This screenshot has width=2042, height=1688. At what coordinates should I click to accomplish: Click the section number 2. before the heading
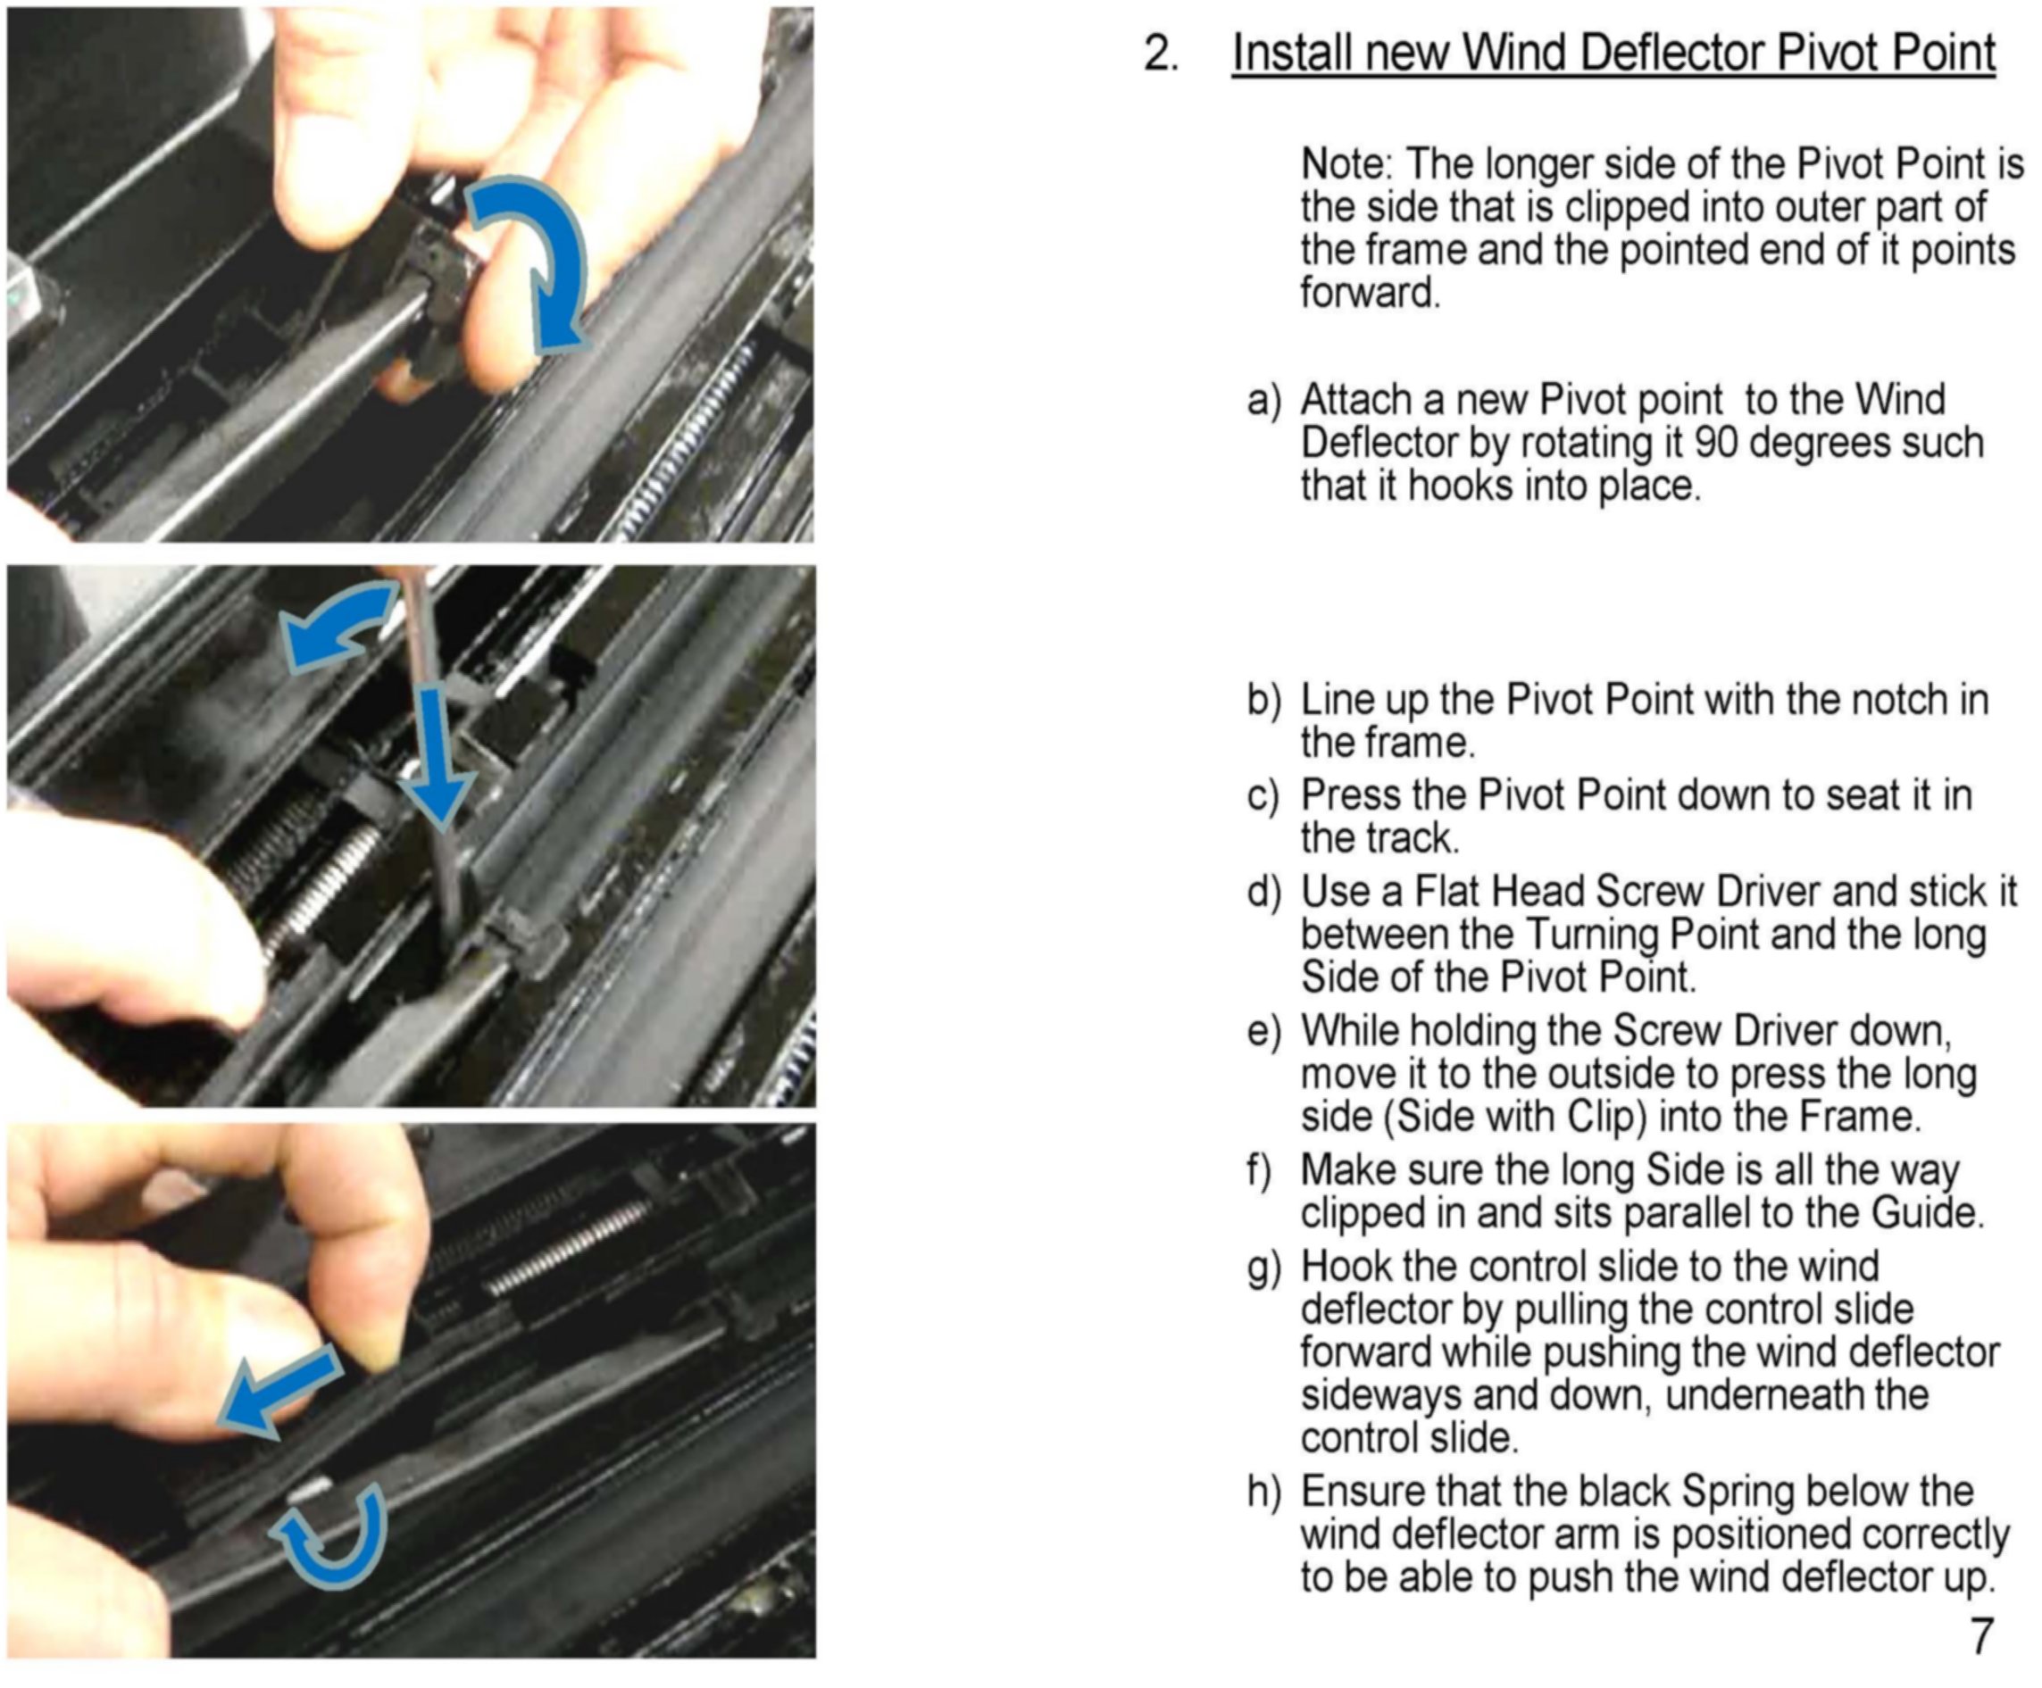pyautogui.click(x=1162, y=53)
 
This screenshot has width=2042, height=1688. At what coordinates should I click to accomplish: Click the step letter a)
pyautogui.click(x=1265, y=401)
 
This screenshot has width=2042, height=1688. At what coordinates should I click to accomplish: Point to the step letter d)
pyautogui.click(x=1265, y=892)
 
